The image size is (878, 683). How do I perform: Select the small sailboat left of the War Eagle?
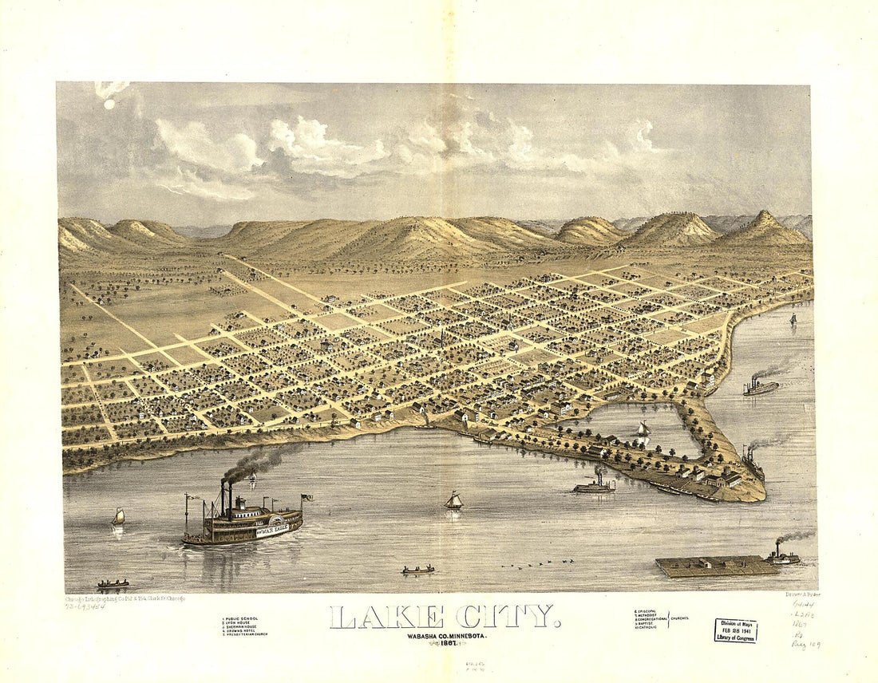[x=118, y=517]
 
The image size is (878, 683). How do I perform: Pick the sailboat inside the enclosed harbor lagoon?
[x=643, y=430]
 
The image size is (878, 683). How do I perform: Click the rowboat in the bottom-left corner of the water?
[x=113, y=584]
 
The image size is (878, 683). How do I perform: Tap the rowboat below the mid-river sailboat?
[x=418, y=570]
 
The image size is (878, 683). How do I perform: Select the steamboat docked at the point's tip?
[x=752, y=463]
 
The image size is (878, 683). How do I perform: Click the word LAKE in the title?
[x=387, y=617]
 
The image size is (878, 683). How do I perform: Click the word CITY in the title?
[x=506, y=617]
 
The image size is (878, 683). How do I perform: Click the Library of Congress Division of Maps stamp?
[x=735, y=630]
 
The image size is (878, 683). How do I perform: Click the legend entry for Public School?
[x=242, y=618]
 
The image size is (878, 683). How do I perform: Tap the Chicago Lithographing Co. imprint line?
[x=125, y=598]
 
